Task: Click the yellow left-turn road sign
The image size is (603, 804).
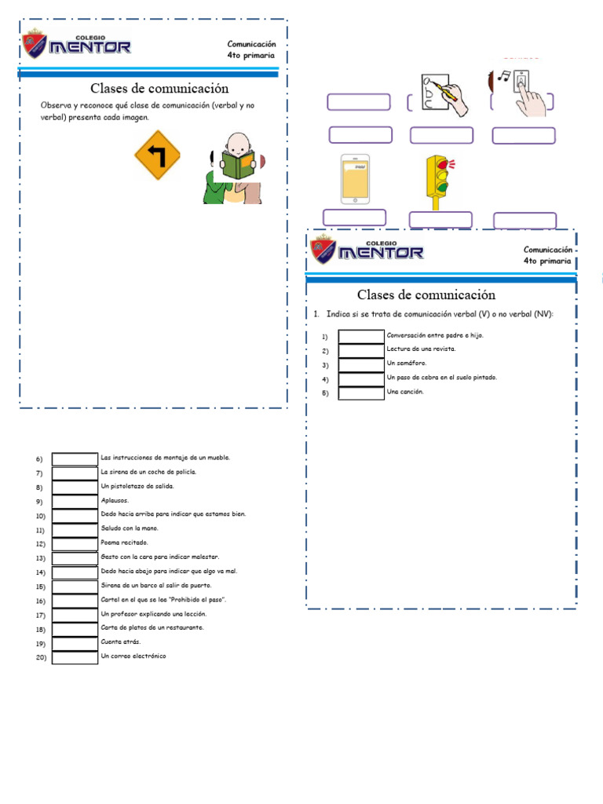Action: pyautogui.click(x=158, y=155)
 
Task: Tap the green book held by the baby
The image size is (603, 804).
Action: pyautogui.click(x=237, y=165)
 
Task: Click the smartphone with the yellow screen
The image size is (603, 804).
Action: pyautogui.click(x=356, y=180)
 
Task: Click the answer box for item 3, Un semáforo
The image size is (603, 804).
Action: pyautogui.click(x=361, y=365)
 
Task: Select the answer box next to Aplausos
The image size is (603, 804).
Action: pyautogui.click(x=75, y=501)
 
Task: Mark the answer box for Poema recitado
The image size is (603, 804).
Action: pyautogui.click(x=75, y=543)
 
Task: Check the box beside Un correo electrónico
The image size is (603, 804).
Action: pyautogui.click(x=75, y=656)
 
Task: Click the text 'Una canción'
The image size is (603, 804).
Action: pyautogui.click(x=405, y=392)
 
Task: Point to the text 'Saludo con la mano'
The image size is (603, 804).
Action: pyautogui.click(x=130, y=528)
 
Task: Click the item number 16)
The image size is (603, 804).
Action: pyautogui.click(x=41, y=601)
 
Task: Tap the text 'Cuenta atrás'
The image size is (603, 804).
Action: pyautogui.click(x=122, y=641)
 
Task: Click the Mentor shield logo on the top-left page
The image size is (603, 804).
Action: pyautogui.click(x=35, y=44)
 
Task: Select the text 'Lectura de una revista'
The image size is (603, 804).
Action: pyautogui.click(x=421, y=349)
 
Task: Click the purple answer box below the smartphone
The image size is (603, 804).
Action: pyautogui.click(x=355, y=217)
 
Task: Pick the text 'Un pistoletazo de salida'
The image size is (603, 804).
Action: pyautogui.click(x=137, y=486)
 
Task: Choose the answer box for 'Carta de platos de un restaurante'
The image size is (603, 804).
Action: pyautogui.click(x=75, y=628)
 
